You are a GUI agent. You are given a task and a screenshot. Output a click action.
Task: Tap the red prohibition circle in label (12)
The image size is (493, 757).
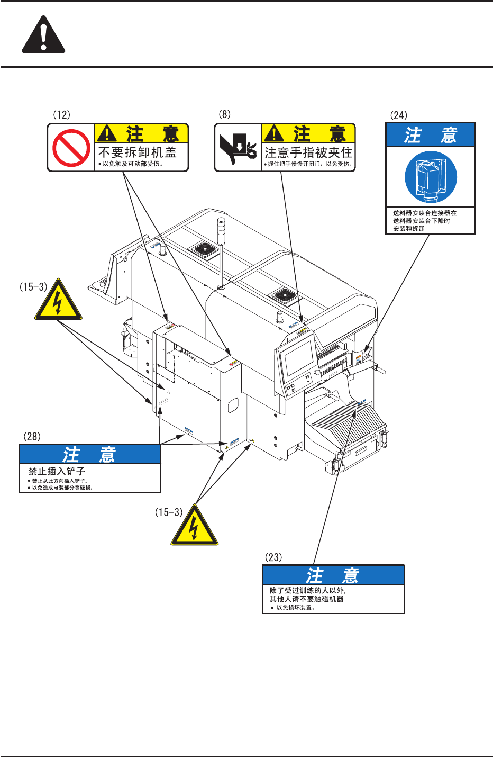click(71, 148)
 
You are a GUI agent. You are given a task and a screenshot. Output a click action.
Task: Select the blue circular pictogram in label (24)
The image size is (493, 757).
click(430, 177)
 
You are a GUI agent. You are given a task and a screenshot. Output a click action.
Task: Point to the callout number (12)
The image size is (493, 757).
click(61, 114)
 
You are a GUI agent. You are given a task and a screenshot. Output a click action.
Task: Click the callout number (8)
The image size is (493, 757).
click(225, 114)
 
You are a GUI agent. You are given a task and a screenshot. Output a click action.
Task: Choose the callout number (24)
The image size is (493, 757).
click(399, 115)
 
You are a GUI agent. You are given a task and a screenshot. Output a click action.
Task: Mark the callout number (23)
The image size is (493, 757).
click(273, 557)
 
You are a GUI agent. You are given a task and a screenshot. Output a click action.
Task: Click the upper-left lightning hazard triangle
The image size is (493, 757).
click(58, 301)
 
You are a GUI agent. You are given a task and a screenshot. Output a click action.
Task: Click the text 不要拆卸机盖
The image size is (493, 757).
click(137, 152)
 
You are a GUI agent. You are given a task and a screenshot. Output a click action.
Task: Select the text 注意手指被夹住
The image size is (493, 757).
click(308, 152)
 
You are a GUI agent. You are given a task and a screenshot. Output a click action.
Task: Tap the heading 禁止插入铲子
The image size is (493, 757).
click(57, 471)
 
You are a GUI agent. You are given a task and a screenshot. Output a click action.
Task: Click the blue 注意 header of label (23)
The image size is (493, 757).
click(333, 575)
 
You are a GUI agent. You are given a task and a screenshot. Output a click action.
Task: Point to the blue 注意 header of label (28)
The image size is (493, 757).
click(90, 455)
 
